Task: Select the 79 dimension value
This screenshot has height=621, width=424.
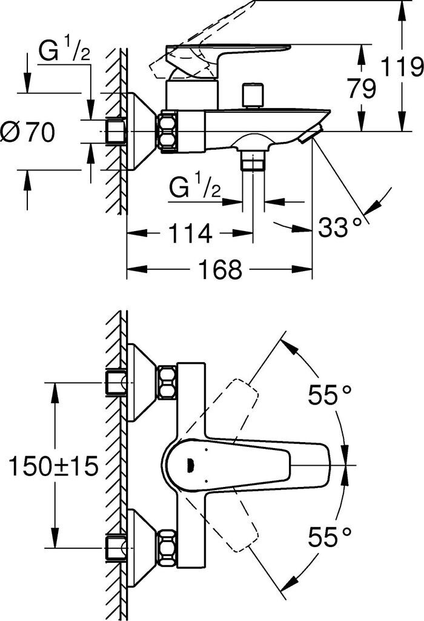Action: tap(362, 89)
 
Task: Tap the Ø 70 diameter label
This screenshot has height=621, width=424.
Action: tap(28, 132)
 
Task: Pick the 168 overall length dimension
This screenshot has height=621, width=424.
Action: tap(219, 269)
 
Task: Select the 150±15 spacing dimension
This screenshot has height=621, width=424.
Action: tap(53, 466)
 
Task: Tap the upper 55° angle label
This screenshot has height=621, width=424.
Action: tap(330, 395)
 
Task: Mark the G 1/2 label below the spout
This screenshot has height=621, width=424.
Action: tap(194, 189)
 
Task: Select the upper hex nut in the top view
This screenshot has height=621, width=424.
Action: tap(167, 382)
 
